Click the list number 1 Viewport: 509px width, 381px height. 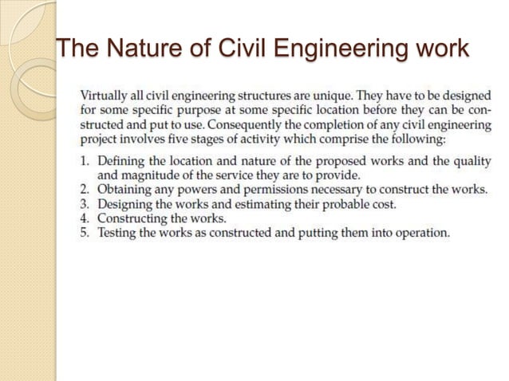(x=86, y=161)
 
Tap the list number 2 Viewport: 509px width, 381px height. (x=86, y=190)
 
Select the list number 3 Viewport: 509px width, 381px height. (x=86, y=204)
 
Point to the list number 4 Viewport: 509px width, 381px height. (x=86, y=218)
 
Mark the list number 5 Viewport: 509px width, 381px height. (x=86, y=233)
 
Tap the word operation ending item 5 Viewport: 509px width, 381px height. (x=421, y=233)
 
